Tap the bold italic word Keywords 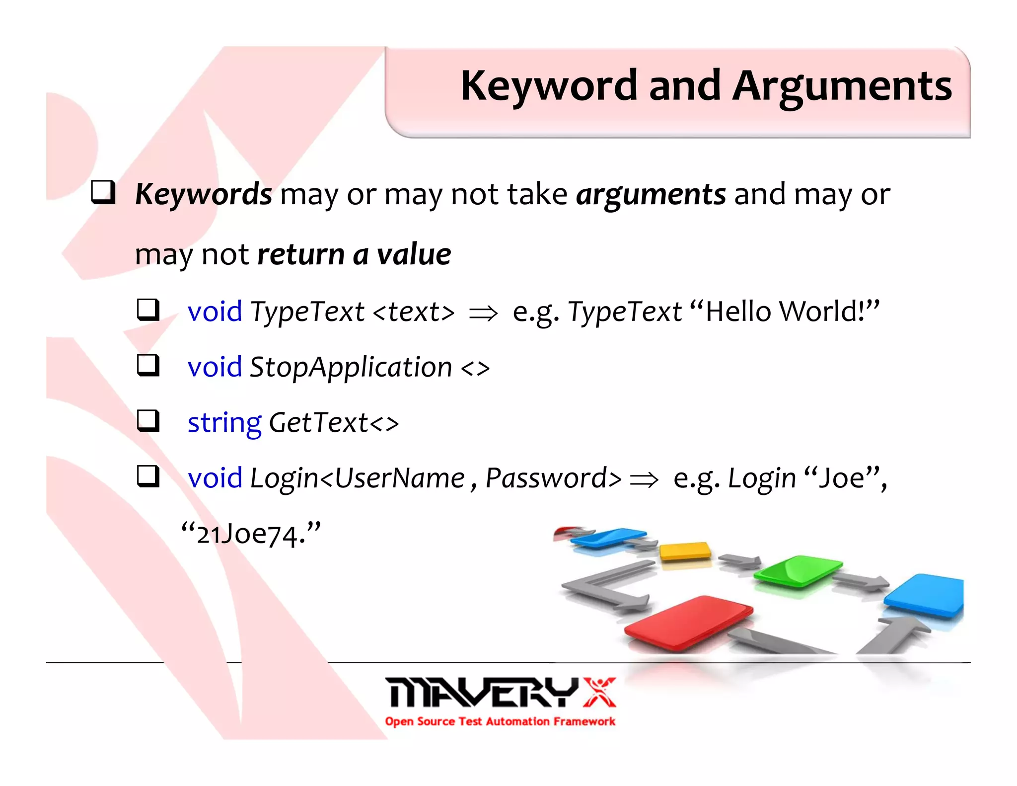click(x=203, y=194)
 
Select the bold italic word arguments click(x=651, y=194)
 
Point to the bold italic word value click(x=414, y=254)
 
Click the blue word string click(x=224, y=423)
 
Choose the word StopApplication click(x=351, y=367)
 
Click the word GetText click(x=318, y=423)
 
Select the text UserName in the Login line click(x=399, y=478)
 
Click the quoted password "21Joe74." click(x=251, y=534)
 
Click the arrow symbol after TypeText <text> click(x=483, y=313)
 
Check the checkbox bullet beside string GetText click(x=148, y=421)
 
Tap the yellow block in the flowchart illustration click(x=685, y=550)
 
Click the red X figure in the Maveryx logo click(x=600, y=692)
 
